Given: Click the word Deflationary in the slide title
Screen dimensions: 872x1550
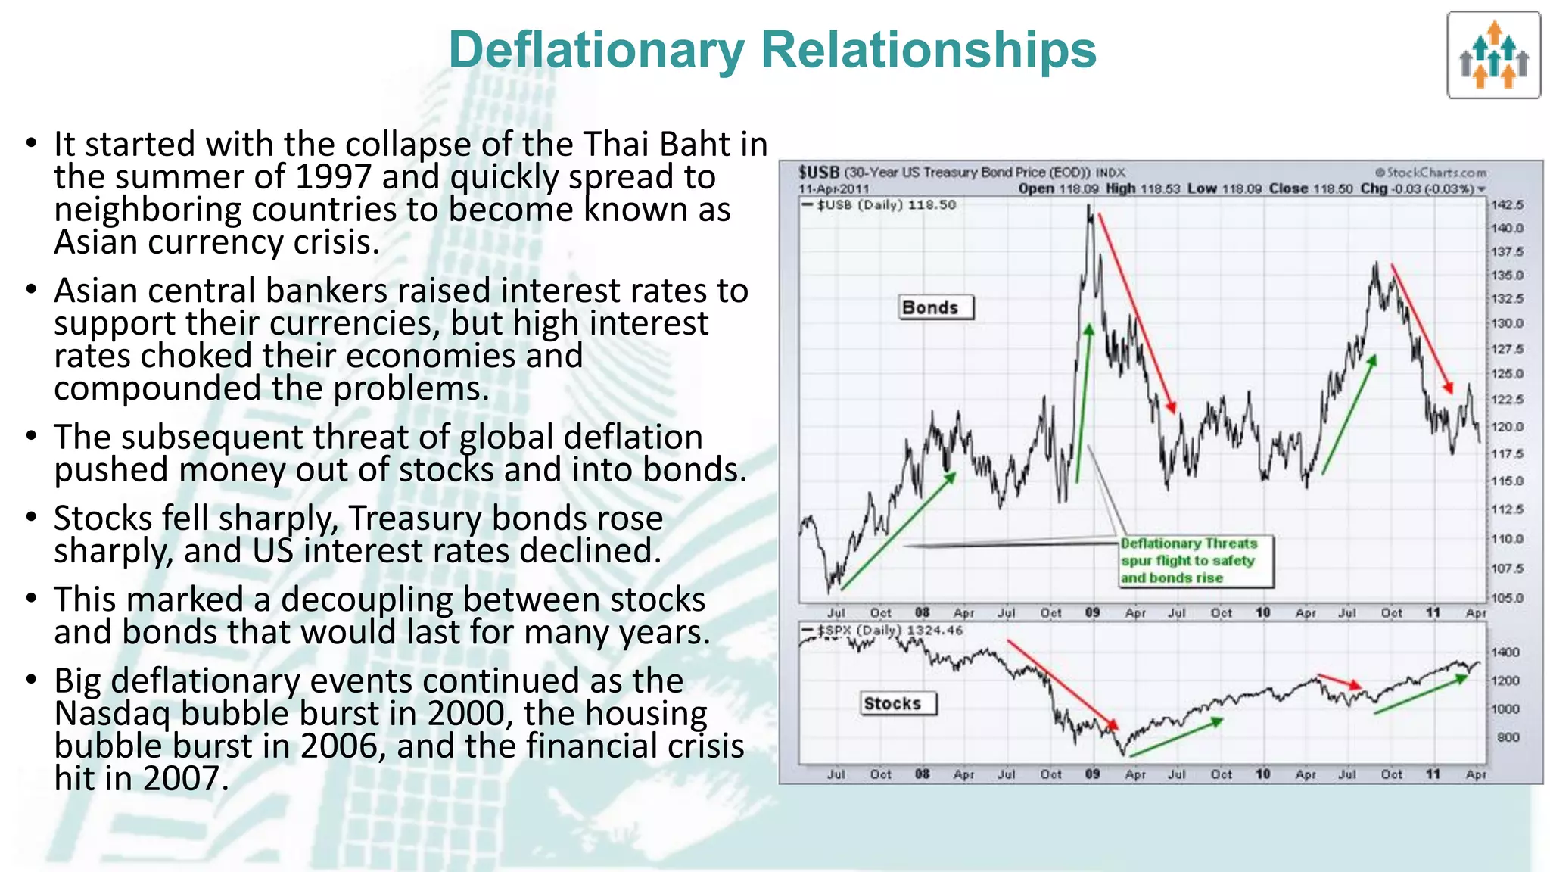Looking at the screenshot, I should click(x=597, y=51).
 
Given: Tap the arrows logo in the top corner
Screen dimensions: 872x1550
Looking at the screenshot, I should click(x=1493, y=55).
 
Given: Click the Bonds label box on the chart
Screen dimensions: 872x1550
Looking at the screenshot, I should click(x=936, y=307).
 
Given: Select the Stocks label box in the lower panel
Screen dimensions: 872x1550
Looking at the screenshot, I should click(x=898, y=703).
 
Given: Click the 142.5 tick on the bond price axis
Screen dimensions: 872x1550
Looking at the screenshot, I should click(x=1506, y=204).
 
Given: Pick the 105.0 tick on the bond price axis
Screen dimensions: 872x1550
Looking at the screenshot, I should click(x=1506, y=598).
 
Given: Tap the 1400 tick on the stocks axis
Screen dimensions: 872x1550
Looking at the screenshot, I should click(x=1505, y=652).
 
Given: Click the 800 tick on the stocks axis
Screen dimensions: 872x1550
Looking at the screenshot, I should click(x=1508, y=737).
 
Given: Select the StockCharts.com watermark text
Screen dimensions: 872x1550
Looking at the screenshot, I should click(x=1430, y=173).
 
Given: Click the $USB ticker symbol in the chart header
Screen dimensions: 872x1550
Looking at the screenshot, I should click(x=819, y=173).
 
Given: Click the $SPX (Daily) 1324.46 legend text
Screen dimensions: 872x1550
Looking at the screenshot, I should click(x=889, y=631).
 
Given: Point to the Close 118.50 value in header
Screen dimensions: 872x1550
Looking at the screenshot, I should click(x=1310, y=188).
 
